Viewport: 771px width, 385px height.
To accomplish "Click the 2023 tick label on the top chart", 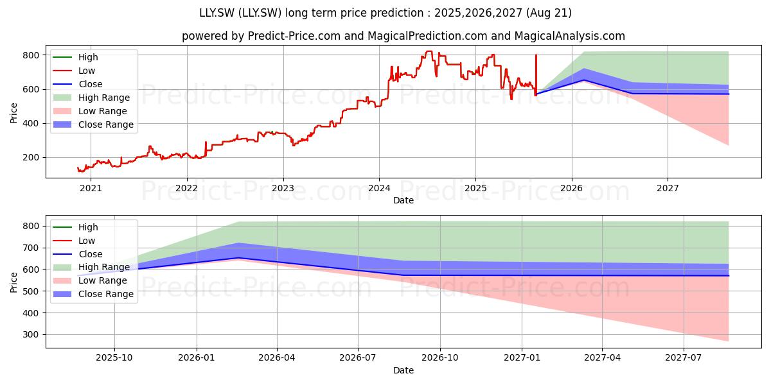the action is [x=283, y=189].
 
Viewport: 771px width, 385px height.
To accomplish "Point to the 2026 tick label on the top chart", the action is [x=571, y=189].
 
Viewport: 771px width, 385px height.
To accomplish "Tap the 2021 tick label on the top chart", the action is [x=91, y=189].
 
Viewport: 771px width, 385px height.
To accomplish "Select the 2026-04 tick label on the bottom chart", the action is [x=277, y=358].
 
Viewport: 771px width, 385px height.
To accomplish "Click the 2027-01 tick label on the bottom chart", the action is [x=522, y=358].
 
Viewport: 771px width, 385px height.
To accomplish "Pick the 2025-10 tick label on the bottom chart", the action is [x=114, y=358].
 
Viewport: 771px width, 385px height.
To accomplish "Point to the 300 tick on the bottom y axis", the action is [x=31, y=335].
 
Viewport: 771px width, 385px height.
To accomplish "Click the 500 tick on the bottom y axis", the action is [x=31, y=291].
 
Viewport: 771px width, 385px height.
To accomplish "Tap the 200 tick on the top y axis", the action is [x=31, y=157].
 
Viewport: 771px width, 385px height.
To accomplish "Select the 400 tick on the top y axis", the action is [x=31, y=123].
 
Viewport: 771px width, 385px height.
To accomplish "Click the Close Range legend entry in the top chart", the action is [x=93, y=124].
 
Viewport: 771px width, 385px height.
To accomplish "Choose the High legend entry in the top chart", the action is [x=75, y=57].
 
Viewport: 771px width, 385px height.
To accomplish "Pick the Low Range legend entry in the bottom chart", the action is [x=90, y=280].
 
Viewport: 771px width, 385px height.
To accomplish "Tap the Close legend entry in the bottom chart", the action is [x=78, y=254].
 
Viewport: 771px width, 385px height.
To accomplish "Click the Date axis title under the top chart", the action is [x=403, y=200].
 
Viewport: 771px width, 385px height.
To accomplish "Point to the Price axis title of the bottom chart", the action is [x=13, y=282].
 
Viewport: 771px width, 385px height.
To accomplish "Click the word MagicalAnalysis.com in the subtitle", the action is [x=570, y=36].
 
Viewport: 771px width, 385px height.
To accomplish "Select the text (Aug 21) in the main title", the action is [x=549, y=13].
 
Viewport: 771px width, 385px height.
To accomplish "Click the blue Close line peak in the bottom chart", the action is [x=239, y=258].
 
